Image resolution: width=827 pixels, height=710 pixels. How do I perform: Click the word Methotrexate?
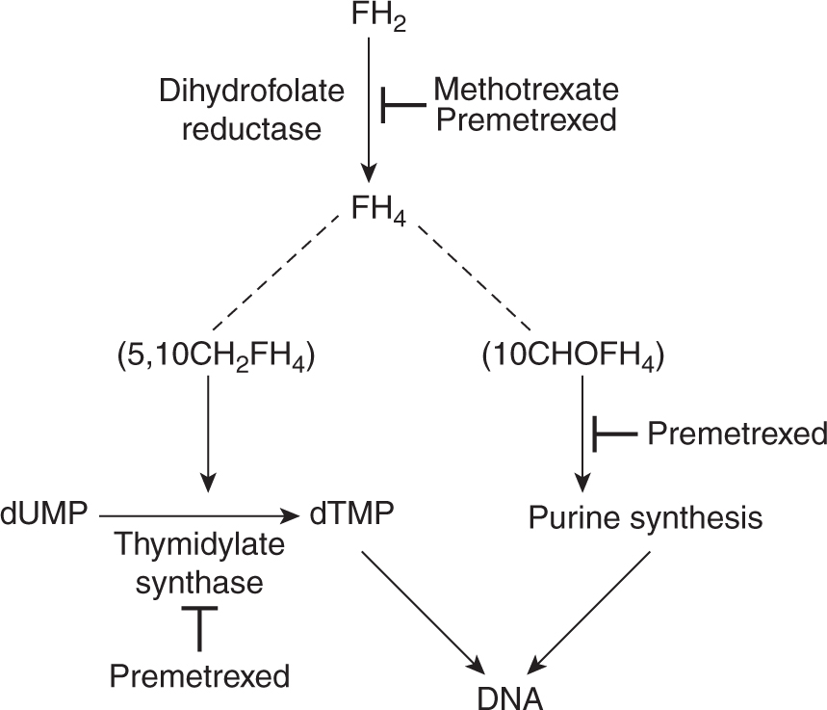pyautogui.click(x=526, y=91)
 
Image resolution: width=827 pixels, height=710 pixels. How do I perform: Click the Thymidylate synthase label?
pyautogui.click(x=200, y=564)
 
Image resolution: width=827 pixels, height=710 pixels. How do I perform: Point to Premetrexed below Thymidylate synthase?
pyautogui.click(x=200, y=676)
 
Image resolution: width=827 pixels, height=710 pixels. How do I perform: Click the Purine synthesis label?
pyautogui.click(x=646, y=517)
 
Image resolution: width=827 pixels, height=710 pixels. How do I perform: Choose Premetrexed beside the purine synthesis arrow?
pyautogui.click(x=737, y=434)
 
